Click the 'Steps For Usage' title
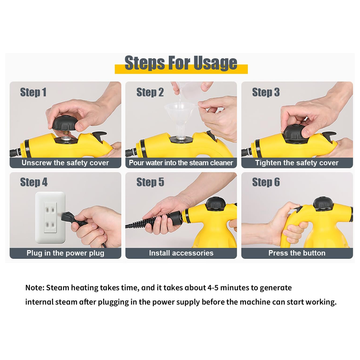[181, 63]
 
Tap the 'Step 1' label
[33, 93]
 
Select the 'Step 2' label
[150, 93]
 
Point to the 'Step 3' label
[266, 93]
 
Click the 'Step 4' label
[34, 182]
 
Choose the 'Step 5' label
[150, 182]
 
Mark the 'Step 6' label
[266, 182]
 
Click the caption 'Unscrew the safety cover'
[65, 163]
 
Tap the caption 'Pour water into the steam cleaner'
[181, 163]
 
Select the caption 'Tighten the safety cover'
[297, 163]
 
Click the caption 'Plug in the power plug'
[65, 253]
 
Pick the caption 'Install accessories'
[181, 253]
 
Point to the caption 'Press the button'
[297, 253]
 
